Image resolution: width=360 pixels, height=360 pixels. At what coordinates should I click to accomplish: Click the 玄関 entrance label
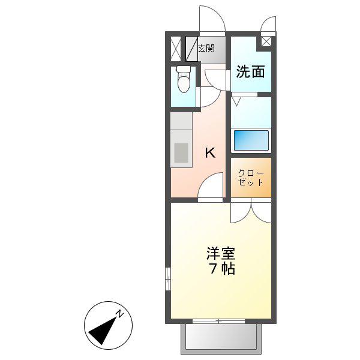click(x=206, y=49)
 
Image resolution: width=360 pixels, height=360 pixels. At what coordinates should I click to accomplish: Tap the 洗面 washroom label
click(x=250, y=71)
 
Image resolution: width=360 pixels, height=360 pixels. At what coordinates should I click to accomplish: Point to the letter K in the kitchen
click(x=211, y=152)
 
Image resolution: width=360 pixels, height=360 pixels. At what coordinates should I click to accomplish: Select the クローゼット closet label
click(x=250, y=178)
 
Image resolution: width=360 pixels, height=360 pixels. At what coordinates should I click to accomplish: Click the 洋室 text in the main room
click(x=221, y=253)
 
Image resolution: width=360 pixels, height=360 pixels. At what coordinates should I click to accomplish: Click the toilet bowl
click(x=184, y=79)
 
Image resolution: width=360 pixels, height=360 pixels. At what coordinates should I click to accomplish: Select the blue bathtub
click(x=251, y=140)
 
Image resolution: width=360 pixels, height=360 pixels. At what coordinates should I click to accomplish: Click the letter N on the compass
click(x=119, y=314)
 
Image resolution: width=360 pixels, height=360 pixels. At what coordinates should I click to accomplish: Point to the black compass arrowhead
click(x=103, y=330)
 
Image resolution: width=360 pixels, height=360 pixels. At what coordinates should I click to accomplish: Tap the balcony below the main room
click(x=221, y=339)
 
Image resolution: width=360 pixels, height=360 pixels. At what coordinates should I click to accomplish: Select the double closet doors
click(x=251, y=211)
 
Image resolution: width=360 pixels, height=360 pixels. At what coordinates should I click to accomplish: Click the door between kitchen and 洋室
click(x=211, y=186)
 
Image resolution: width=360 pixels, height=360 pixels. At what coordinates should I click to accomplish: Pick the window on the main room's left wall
click(x=168, y=279)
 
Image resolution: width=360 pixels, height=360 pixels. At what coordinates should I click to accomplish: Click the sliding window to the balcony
click(x=218, y=321)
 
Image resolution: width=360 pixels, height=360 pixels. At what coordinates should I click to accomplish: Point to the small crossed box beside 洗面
click(x=266, y=42)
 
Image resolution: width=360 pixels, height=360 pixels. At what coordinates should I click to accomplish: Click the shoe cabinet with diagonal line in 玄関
click(x=192, y=49)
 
